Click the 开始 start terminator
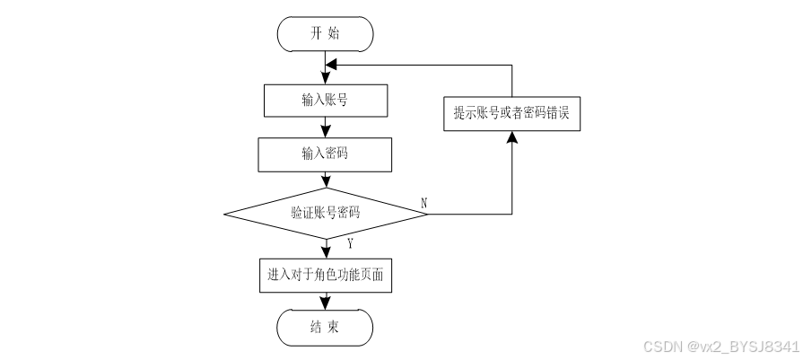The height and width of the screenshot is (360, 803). [x=326, y=34]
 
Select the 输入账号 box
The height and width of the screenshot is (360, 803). [x=326, y=100]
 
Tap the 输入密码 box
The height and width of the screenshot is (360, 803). [x=326, y=154]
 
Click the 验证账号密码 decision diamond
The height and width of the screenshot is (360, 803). [x=326, y=214]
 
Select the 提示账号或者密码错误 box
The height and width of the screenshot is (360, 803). [x=512, y=113]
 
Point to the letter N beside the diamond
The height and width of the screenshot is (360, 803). [x=423, y=203]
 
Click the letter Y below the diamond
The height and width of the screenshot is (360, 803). [x=350, y=243]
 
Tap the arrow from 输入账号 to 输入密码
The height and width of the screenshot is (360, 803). [x=326, y=127]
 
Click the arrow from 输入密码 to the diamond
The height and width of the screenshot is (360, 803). [x=326, y=180]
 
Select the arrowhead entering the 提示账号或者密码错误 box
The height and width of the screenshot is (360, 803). [x=512, y=136]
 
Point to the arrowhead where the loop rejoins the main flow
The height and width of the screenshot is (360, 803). [x=331, y=66]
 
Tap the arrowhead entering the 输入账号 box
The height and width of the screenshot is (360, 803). [x=326, y=79]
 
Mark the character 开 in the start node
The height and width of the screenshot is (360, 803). [x=316, y=34]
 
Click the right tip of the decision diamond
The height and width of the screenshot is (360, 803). [x=427, y=214]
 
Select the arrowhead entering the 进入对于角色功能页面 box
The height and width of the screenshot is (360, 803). [x=326, y=253]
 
